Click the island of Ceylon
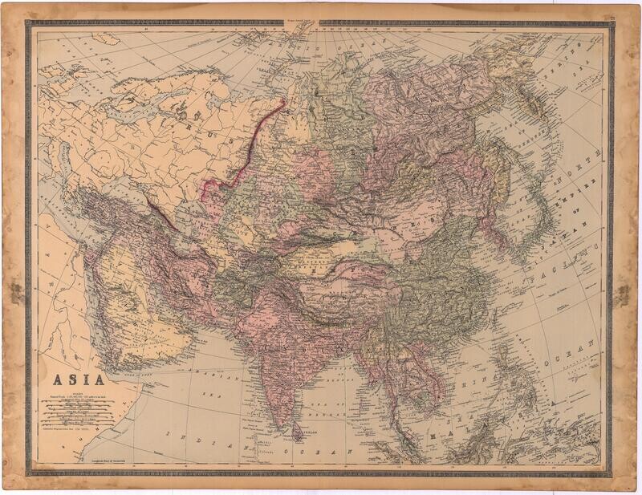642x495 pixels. (298, 434)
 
